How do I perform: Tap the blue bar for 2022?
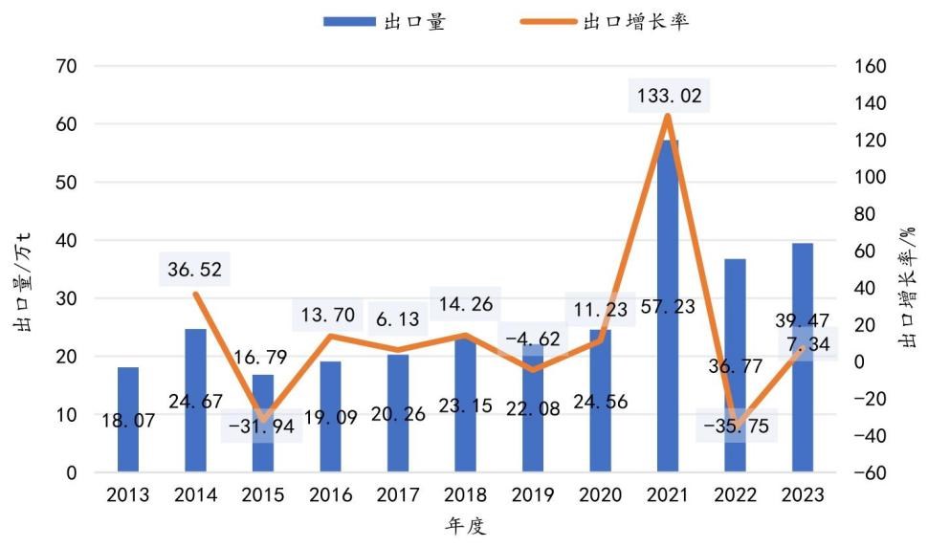click(735, 363)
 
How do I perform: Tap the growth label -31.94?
click(262, 427)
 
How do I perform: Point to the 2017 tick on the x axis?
click(398, 495)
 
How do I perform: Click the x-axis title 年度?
click(465, 526)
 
